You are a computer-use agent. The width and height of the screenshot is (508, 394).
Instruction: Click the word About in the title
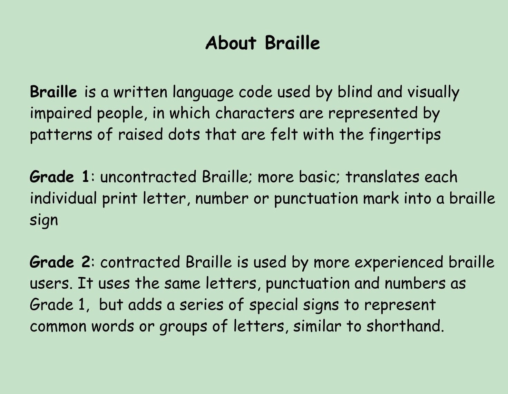coord(231,43)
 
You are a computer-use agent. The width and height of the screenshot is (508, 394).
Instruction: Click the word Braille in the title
coord(292,43)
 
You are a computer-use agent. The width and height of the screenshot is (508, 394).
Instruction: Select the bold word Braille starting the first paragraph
coord(53,92)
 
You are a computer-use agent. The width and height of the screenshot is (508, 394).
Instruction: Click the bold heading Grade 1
coord(59,177)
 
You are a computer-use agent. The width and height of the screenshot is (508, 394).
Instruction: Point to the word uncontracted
coord(148,177)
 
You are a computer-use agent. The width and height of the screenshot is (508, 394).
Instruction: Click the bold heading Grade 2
coord(60,262)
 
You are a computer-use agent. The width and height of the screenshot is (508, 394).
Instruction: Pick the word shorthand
coord(404,326)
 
